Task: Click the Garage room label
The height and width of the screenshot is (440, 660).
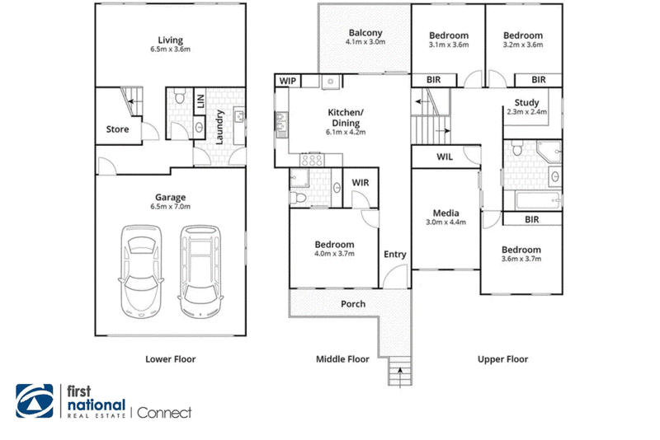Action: coord(170,197)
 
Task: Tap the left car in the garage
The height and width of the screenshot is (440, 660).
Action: coord(141,271)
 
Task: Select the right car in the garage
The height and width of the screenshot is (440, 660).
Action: coord(200,271)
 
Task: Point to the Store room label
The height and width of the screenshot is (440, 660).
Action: coord(117,129)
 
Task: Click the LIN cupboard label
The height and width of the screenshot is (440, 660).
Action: coord(200,101)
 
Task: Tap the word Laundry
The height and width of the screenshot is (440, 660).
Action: coord(219,127)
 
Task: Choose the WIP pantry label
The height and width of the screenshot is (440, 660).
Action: coord(287,81)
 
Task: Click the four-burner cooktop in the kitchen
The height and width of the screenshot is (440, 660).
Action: coord(312,160)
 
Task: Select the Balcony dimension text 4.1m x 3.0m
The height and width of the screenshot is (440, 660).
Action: coord(365,41)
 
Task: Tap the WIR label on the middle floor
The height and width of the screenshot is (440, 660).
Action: coord(361,182)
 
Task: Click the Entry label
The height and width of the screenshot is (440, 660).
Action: coord(395,255)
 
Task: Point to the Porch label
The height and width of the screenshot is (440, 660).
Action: coord(353,304)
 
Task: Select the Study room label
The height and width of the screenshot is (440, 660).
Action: coord(526,102)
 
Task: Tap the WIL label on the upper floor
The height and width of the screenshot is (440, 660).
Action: coord(445,157)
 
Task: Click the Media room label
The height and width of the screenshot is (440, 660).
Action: coord(445,213)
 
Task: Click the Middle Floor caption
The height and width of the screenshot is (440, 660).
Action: coord(342,359)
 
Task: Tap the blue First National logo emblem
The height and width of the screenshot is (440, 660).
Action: coord(35,401)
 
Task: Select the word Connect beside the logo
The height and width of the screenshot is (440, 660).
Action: coord(164,413)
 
